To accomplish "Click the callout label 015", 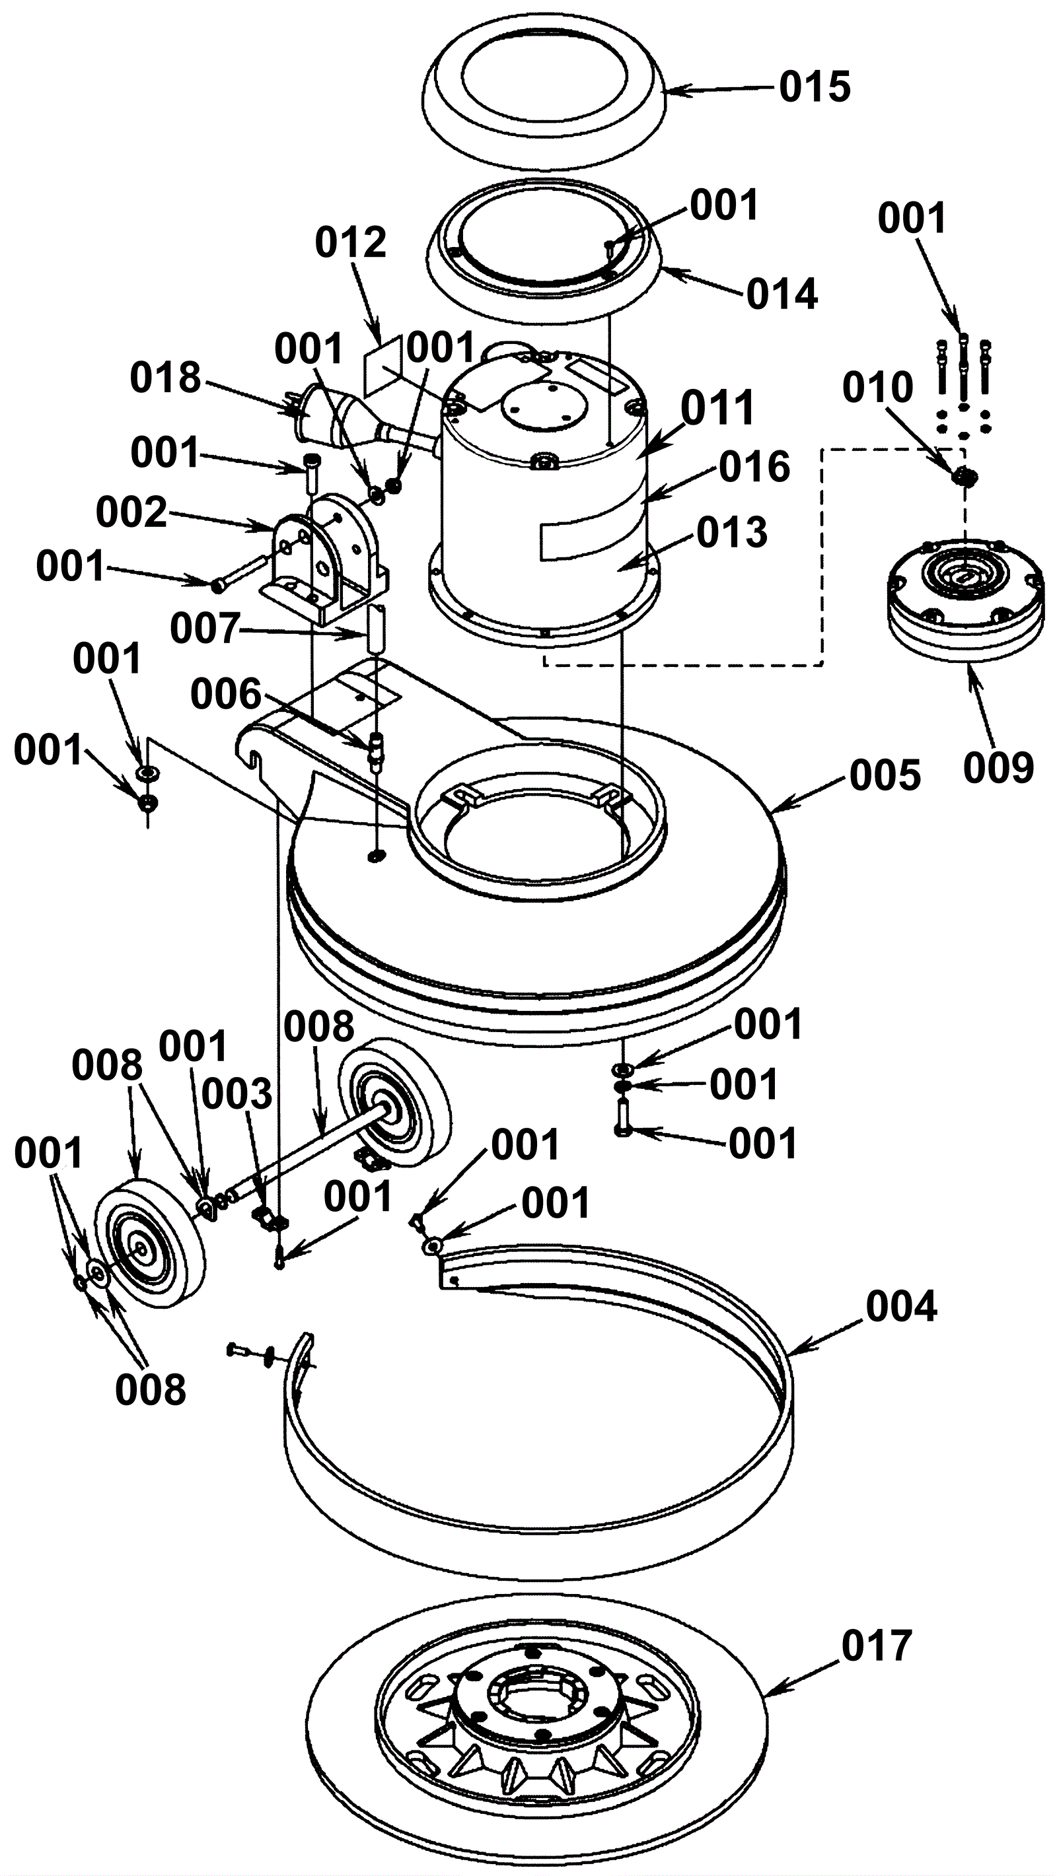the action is tap(815, 87).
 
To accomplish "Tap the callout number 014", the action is tap(782, 295).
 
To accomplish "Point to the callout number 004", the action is tap(901, 1307).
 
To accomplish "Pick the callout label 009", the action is tap(999, 767).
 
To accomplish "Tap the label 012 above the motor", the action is tap(350, 242).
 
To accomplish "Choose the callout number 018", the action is tap(165, 378).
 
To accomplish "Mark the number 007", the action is tap(205, 629).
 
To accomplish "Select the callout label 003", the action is tap(237, 1094).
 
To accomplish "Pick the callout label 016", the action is tap(754, 467).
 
